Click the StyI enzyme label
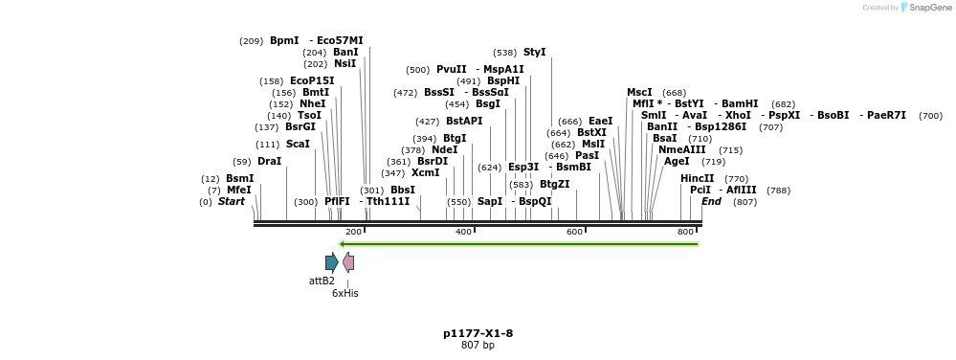point(534,52)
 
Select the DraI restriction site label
point(270,161)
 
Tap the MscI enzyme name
point(639,92)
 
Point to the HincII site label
point(697,178)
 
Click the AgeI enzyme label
point(676,161)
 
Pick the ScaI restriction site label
point(298,144)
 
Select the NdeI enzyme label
point(444,149)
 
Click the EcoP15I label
point(312,80)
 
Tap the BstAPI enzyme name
point(464,121)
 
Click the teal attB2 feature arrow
point(331,262)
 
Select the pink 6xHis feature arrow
point(348,262)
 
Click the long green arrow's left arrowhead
point(344,243)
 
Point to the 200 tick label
point(353,232)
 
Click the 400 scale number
point(464,232)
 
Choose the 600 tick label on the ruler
point(575,232)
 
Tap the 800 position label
point(685,232)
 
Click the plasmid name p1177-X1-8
point(478,333)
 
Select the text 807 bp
point(478,345)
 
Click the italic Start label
point(232,201)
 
